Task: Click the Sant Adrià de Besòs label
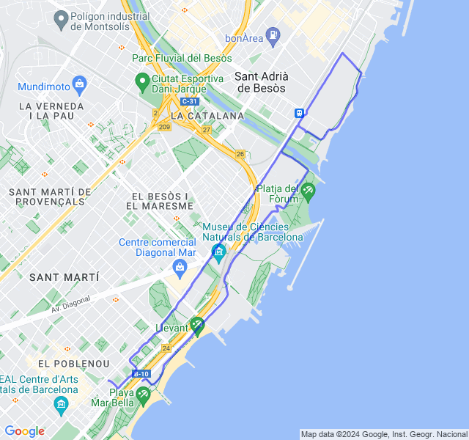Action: pyautogui.click(x=262, y=81)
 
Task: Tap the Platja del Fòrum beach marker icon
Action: pyautogui.click(x=308, y=191)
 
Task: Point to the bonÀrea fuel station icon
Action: pyautogui.click(x=273, y=34)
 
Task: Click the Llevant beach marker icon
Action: pyautogui.click(x=196, y=325)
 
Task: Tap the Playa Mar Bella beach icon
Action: pyautogui.click(x=143, y=395)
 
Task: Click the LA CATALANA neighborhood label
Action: pyautogui.click(x=207, y=116)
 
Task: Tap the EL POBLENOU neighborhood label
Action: pyautogui.click(x=73, y=364)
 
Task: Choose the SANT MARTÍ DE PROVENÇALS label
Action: pyautogui.click(x=50, y=197)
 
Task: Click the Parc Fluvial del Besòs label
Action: pyautogui.click(x=179, y=57)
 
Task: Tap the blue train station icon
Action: pyautogui.click(x=300, y=113)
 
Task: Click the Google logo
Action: pyautogui.click(x=24, y=431)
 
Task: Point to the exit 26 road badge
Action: pyautogui.click(x=240, y=154)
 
